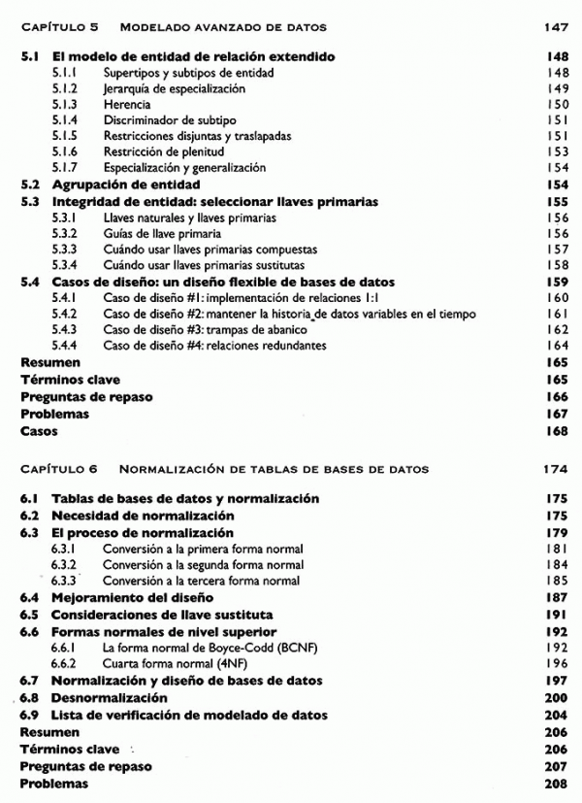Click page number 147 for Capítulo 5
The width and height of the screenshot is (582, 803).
point(554,27)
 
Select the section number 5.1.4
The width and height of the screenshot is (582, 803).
point(66,119)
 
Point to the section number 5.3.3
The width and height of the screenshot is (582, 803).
point(66,250)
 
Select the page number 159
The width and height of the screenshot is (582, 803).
point(555,282)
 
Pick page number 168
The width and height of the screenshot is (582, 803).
point(555,430)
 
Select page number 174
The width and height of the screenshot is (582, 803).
point(554,469)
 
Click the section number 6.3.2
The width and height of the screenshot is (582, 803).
point(66,565)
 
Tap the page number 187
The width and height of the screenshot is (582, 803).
point(555,597)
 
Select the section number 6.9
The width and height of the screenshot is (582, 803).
point(30,715)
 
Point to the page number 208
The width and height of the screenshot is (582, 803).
point(555,783)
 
